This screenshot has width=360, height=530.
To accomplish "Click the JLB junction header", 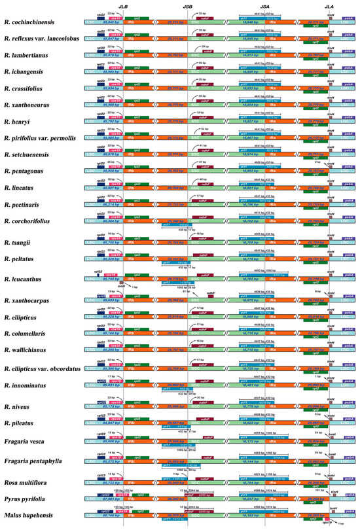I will (123, 6).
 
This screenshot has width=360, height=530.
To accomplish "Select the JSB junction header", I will (187, 6).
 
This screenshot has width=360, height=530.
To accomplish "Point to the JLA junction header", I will (331, 6).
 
